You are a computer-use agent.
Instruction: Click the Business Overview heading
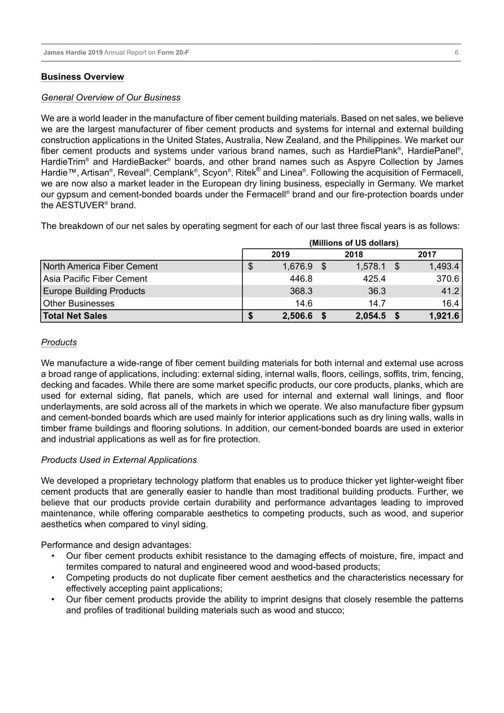83,77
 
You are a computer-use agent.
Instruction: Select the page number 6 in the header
456,53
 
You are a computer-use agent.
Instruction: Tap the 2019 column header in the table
280,254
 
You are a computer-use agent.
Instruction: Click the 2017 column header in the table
427,254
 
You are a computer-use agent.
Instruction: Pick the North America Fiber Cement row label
100,266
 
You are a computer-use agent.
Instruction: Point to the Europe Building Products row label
94,291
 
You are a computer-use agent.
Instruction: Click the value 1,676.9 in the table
298,266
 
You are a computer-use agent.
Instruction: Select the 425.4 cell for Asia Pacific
374,279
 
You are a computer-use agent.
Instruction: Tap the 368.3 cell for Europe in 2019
301,291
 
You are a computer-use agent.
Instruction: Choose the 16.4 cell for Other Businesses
450,303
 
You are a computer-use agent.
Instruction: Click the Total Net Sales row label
75,316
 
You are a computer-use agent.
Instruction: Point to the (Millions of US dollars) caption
354,243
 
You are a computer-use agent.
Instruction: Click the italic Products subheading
59,343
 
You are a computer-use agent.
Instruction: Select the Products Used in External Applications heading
119,460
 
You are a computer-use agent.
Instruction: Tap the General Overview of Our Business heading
111,98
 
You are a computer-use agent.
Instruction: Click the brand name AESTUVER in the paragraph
78,205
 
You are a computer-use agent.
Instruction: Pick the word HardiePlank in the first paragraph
372,151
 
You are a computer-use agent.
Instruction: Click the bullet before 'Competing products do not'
54,578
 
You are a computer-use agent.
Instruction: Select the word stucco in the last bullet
329,610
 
